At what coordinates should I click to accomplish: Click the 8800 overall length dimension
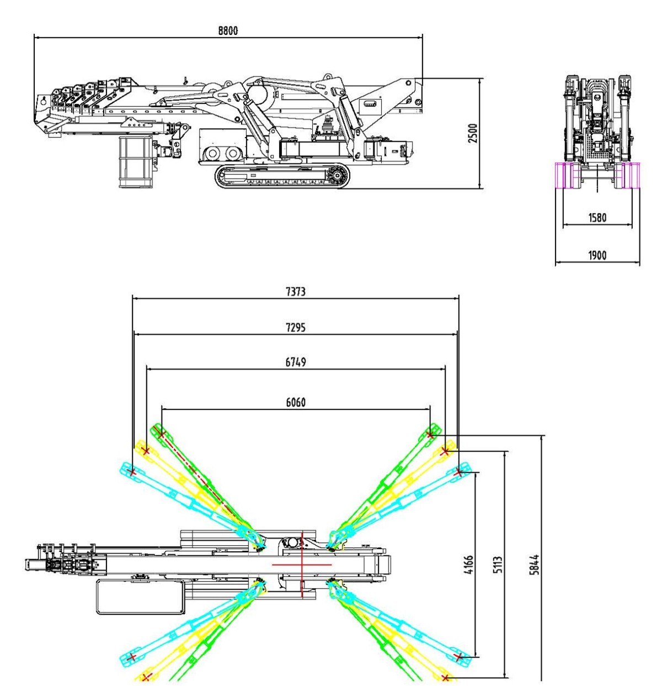click(x=228, y=31)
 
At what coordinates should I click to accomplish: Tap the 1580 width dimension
click(x=597, y=217)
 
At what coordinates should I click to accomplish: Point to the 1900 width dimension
click(x=597, y=255)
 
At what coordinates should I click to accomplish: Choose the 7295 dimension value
click(x=296, y=328)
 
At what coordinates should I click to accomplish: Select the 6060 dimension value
click(x=296, y=403)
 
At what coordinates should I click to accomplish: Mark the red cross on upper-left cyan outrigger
click(x=132, y=471)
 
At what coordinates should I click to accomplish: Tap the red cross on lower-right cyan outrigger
click(x=458, y=656)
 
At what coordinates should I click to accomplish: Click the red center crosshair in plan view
click(x=302, y=564)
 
